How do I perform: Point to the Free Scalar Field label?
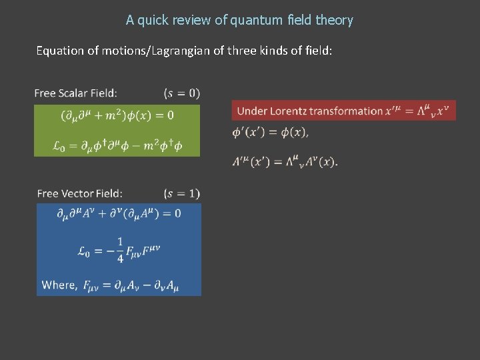click(x=76, y=93)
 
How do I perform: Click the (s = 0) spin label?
click(x=181, y=93)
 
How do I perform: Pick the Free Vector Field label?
click(x=80, y=194)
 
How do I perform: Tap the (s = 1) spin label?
click(x=181, y=194)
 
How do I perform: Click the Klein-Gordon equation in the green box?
click(x=117, y=115)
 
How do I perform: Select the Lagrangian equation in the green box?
click(x=117, y=145)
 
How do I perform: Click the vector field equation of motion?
click(x=119, y=214)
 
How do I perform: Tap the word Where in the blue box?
click(x=59, y=285)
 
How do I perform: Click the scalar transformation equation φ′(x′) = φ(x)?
click(x=270, y=133)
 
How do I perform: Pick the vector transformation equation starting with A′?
click(x=285, y=161)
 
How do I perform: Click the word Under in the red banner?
click(x=251, y=111)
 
